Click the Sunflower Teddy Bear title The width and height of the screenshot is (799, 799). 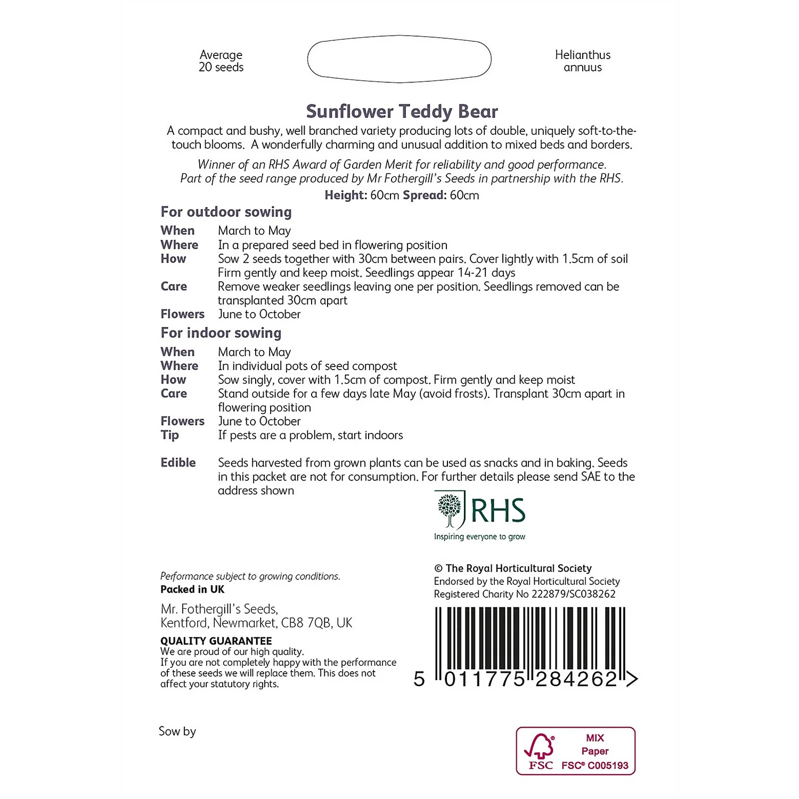[x=402, y=111]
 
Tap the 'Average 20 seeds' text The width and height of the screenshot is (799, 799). [x=221, y=61]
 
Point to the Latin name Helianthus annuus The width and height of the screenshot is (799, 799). [x=583, y=61]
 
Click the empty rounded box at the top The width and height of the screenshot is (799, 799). [x=399, y=59]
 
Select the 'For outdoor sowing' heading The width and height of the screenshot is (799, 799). [x=226, y=212]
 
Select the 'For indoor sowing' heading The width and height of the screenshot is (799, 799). [x=221, y=333]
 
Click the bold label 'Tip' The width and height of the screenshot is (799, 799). [x=170, y=435]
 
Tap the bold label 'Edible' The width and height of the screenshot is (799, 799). [x=178, y=463]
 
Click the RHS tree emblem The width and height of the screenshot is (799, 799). [x=450, y=509]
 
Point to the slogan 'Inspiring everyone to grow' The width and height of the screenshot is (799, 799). [x=479, y=536]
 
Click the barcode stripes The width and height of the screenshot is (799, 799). [x=530, y=639]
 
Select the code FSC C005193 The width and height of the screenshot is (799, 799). [x=595, y=765]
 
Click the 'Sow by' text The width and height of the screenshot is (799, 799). [x=177, y=731]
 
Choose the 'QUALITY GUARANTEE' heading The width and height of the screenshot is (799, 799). [x=216, y=641]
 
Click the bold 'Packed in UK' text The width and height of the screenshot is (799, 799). [x=192, y=589]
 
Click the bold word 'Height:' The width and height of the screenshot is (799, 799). [x=346, y=195]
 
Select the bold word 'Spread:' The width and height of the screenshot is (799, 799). [x=425, y=195]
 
